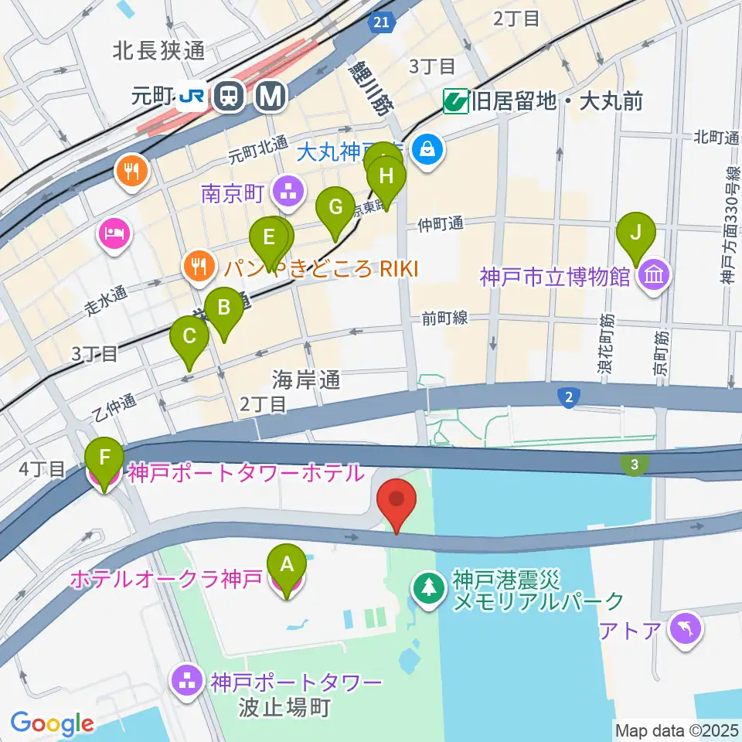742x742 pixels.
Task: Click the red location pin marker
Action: tap(397, 504)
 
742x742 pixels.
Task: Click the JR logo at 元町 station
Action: tap(191, 95)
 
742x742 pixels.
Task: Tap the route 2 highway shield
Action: tap(568, 397)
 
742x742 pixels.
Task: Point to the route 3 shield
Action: tap(635, 465)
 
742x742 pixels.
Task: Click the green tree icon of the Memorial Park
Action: tap(427, 589)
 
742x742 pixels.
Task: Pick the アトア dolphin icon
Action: tap(686, 627)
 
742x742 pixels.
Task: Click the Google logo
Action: tap(52, 724)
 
